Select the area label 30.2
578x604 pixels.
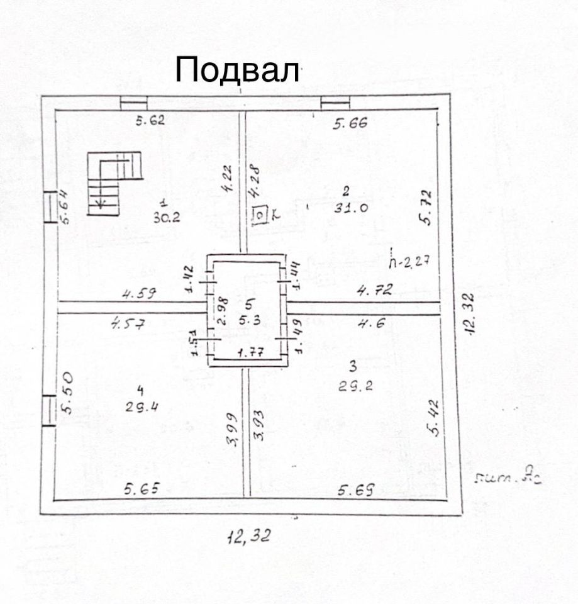(167, 218)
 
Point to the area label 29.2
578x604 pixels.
(355, 386)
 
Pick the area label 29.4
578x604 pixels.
(142, 406)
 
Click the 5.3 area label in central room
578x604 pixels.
(250, 320)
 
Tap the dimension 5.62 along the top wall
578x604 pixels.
(150, 121)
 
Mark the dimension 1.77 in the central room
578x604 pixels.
(250, 352)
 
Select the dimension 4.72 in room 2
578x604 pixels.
(375, 290)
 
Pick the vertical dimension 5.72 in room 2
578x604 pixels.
(426, 207)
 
